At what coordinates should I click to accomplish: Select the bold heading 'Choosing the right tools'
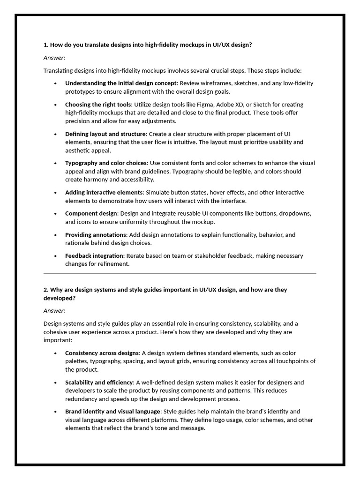coord(98,104)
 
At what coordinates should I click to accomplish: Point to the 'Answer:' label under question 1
coord(54,58)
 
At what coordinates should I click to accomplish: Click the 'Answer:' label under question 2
coord(54,310)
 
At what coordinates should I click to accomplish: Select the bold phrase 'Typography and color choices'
coord(106,163)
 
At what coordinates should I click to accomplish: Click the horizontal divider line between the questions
coord(180,273)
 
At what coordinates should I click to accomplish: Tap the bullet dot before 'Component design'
coord(55,214)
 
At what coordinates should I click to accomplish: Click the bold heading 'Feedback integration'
coord(94,255)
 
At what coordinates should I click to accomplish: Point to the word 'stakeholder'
coord(203,255)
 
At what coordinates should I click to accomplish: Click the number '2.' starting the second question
coord(46,290)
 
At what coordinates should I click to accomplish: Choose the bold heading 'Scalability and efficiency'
coord(99,382)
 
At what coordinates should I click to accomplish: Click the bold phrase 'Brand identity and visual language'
coord(113,411)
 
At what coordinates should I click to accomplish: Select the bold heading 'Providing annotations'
coord(96,234)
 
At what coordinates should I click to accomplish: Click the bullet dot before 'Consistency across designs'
coord(55,353)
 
